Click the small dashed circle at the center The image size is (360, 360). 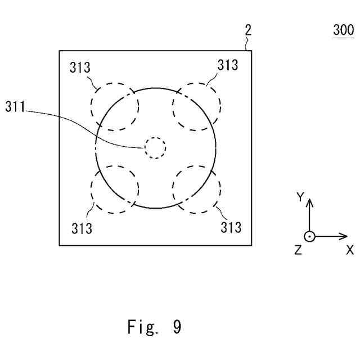(155, 147)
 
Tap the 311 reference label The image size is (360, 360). (15, 106)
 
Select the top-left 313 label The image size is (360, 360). (80, 67)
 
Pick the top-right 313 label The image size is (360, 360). (228, 65)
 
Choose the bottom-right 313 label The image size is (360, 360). (231, 227)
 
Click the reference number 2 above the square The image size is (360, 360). (247, 30)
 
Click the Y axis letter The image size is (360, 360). (300, 197)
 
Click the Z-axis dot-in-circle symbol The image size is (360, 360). (309, 236)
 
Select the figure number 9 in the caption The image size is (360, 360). (177, 327)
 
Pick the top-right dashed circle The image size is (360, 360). (197, 106)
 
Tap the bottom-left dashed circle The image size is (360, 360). (115, 190)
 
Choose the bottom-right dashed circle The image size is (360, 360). (197, 190)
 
